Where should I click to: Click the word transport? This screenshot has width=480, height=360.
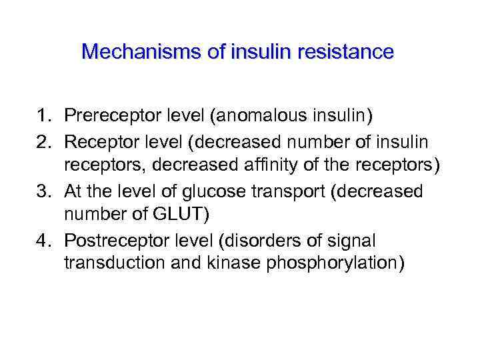pyautogui.click(x=300, y=192)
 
